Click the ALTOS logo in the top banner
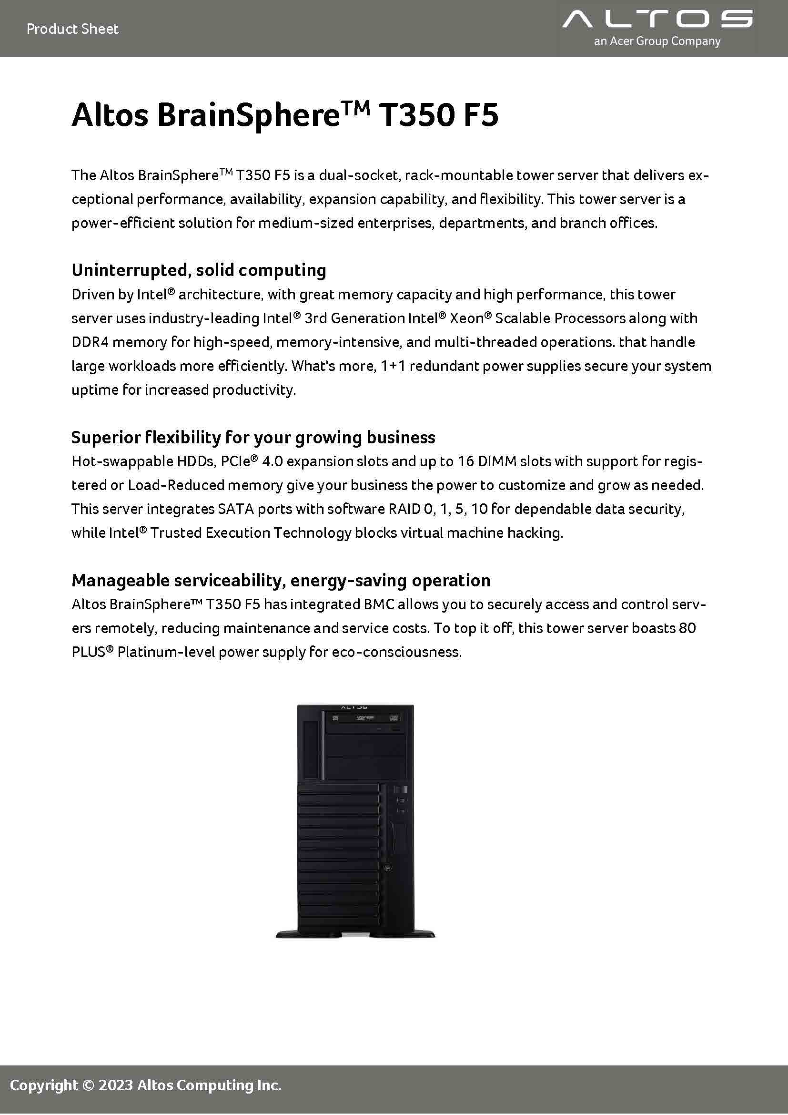pyautogui.click(x=657, y=20)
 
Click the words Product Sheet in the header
pyautogui.click(x=72, y=29)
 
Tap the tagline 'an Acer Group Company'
pyautogui.click(x=657, y=42)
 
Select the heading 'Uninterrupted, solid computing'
pyautogui.click(x=199, y=270)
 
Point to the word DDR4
pyautogui.click(x=90, y=342)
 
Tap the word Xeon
pyautogui.click(x=467, y=318)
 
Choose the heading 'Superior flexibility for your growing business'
pyautogui.click(x=253, y=438)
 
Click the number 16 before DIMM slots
pyautogui.click(x=465, y=461)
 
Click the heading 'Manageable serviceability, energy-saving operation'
pyautogui.click(x=281, y=580)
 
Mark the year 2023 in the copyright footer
pyautogui.click(x=115, y=1085)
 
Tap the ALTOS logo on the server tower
pyautogui.click(x=355, y=707)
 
